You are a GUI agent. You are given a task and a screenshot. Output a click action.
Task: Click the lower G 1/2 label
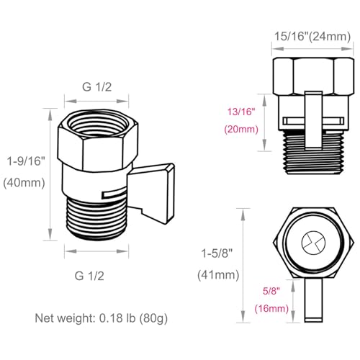[x=96, y=274]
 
